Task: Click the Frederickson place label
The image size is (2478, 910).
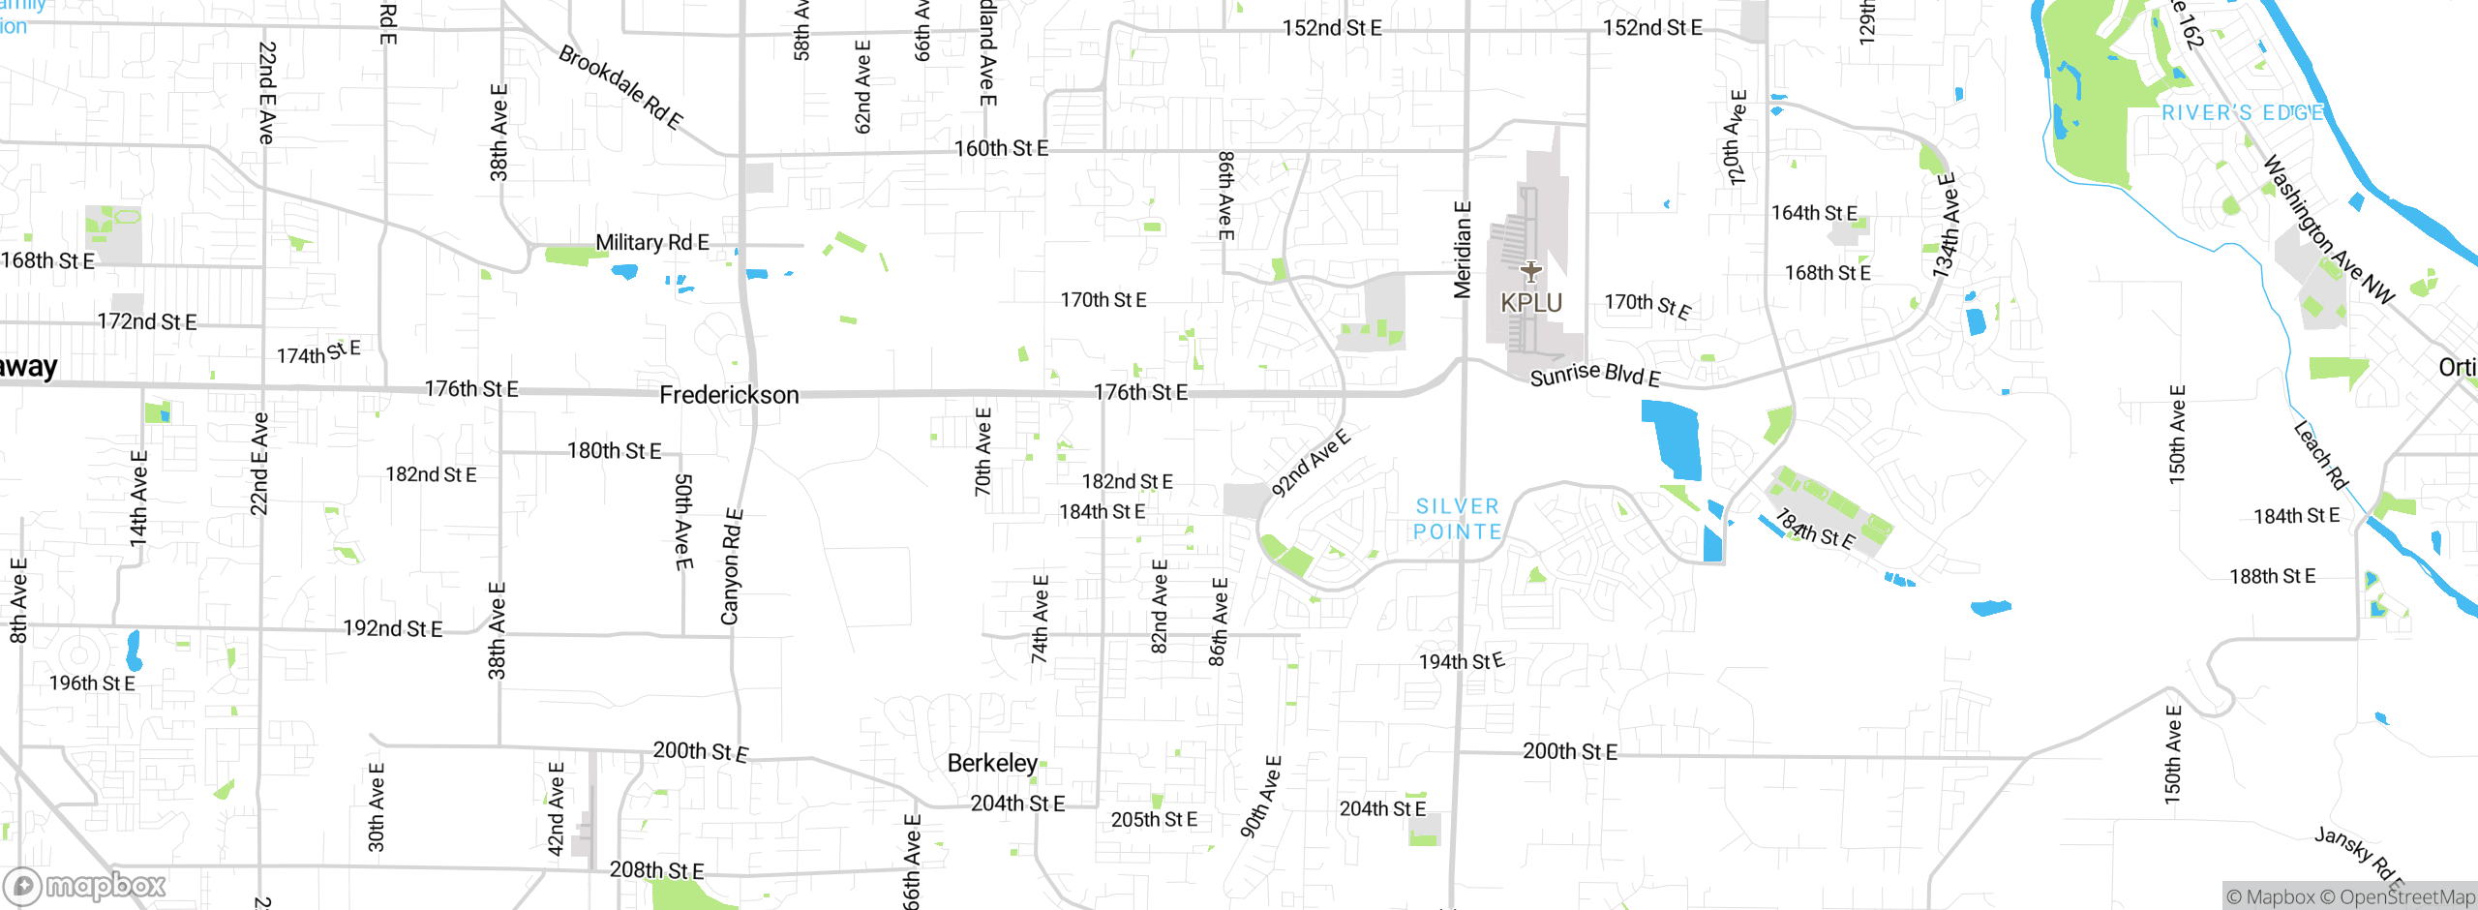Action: click(x=729, y=395)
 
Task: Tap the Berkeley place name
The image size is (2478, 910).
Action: click(x=992, y=763)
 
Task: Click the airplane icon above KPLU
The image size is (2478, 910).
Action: click(x=1530, y=271)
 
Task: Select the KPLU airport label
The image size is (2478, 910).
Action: click(x=1531, y=303)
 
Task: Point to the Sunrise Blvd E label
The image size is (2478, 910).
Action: click(x=1594, y=376)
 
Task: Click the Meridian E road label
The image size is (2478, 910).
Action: click(x=1463, y=249)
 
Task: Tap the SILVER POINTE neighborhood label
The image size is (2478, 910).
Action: click(x=1458, y=519)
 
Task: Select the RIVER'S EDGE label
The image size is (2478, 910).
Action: click(x=2243, y=113)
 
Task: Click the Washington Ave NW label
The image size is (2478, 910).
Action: click(x=2328, y=229)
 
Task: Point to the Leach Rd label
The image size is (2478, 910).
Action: click(x=2320, y=455)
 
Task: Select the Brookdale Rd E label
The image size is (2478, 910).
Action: click(x=620, y=87)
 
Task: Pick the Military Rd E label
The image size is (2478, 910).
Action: click(x=651, y=242)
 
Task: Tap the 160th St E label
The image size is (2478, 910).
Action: click(x=1001, y=148)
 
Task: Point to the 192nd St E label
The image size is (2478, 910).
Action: click(x=392, y=628)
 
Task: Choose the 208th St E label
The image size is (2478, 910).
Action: click(x=656, y=869)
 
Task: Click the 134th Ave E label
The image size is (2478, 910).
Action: click(x=1946, y=226)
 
